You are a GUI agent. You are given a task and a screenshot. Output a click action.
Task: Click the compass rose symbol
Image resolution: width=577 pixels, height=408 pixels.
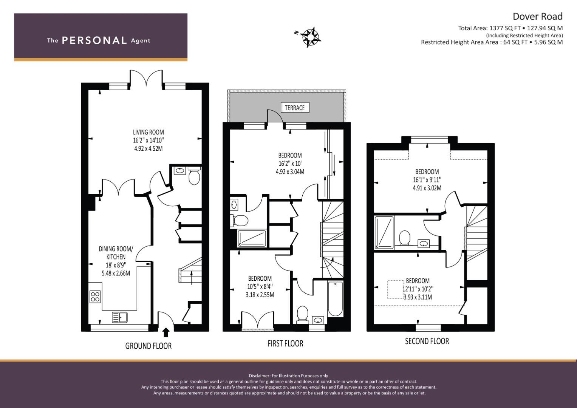[311, 37]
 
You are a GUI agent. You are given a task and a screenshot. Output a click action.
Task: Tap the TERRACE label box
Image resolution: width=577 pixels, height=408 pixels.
[295, 108]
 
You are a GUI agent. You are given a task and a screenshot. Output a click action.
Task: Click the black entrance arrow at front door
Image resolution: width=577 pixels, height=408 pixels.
[166, 332]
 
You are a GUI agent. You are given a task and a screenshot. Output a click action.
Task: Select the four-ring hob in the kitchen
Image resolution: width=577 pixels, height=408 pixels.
[95, 297]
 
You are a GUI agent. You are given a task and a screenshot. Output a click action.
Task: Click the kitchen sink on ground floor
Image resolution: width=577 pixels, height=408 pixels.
[120, 317]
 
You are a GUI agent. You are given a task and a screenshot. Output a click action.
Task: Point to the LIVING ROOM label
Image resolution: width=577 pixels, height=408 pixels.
[149, 132]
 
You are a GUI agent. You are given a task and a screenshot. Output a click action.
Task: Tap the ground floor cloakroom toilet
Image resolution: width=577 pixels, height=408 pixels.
[194, 177]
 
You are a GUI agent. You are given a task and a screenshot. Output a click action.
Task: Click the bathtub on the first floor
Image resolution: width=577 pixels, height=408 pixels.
[335, 299]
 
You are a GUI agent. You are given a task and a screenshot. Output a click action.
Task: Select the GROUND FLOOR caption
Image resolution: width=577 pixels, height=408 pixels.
[149, 346]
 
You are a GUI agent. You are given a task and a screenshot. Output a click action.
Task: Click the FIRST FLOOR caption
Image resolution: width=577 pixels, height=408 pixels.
[285, 343]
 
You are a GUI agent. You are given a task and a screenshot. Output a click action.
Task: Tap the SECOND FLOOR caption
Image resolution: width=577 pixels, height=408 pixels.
[427, 341]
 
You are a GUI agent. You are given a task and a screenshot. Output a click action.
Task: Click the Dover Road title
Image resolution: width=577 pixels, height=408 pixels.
[537, 16]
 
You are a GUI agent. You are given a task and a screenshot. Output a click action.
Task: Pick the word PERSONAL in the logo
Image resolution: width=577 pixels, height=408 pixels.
[94, 40]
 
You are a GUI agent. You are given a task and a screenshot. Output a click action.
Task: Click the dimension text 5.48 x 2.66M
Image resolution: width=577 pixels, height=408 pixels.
[116, 273]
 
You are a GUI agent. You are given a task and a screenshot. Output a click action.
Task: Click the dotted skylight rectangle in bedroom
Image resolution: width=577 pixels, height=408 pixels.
[396, 289]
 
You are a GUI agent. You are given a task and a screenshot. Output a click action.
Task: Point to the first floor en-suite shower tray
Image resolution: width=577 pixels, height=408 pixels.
[252, 238]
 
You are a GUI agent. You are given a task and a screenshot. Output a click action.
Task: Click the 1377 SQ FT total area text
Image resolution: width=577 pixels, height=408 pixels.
[505, 28]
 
